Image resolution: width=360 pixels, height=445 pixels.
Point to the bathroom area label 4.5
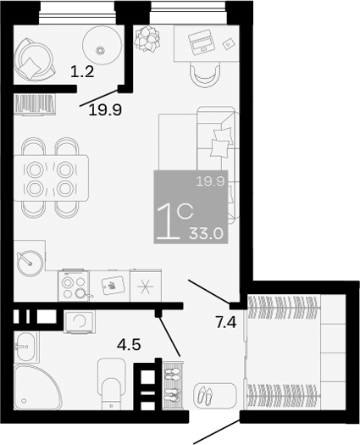[129, 344]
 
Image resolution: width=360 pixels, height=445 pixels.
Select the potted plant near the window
[147, 37]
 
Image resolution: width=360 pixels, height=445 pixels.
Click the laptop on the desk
[200, 40]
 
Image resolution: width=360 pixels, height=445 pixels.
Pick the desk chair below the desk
[203, 75]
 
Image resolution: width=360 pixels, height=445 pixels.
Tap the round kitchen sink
[31, 260]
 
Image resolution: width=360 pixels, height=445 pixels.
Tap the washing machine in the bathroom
[78, 320]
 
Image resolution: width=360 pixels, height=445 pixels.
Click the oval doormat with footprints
[206, 394]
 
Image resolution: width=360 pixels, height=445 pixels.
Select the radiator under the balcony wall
[35, 104]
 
